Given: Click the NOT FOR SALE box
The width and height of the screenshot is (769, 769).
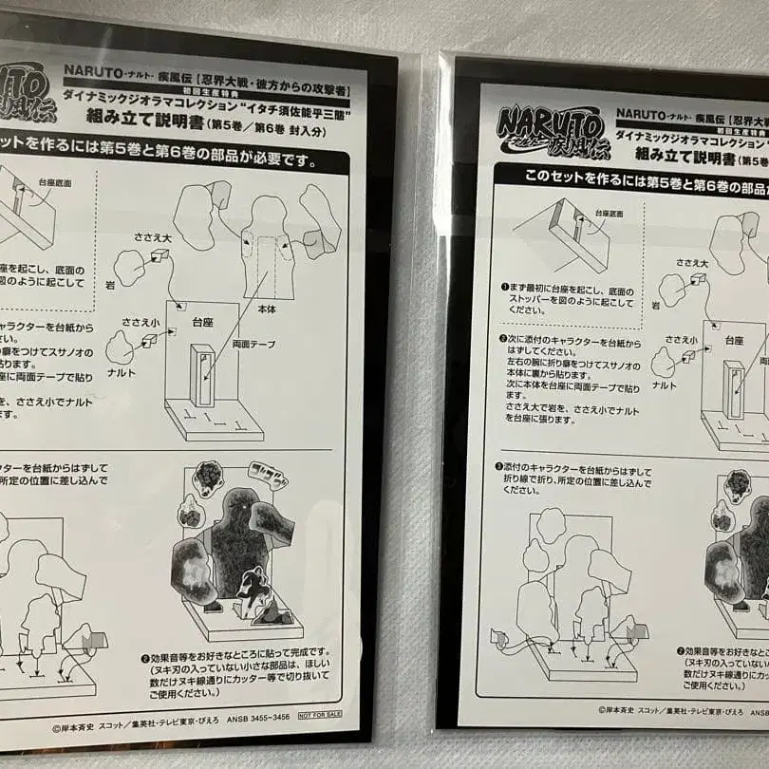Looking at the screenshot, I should pos(319,714).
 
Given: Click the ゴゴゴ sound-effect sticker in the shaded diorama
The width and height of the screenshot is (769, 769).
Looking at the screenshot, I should pos(268,475).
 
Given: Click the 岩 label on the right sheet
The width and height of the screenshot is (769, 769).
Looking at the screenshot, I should pos(655,305).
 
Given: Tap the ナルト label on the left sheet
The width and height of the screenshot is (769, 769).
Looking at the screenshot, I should pos(122,373).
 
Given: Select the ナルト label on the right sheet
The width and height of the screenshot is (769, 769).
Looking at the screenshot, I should pos(665,385).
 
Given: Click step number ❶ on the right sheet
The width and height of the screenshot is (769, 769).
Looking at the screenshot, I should pos(505,286).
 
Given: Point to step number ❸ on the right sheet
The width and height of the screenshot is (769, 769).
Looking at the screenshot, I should pos(498,467).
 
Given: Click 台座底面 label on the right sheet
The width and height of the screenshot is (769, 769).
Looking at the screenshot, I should pos(609,215).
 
